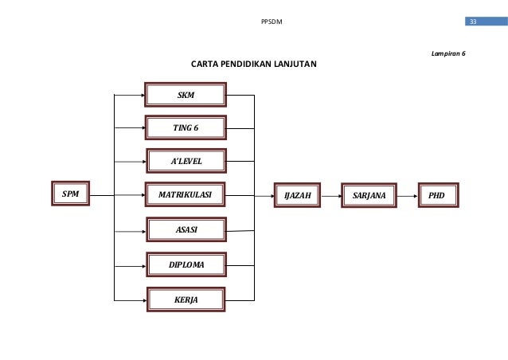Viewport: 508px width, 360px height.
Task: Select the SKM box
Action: tap(186, 95)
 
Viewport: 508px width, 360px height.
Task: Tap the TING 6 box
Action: tap(186, 127)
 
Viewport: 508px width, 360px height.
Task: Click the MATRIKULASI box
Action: tap(186, 194)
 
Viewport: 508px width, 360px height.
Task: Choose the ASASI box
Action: tap(186, 230)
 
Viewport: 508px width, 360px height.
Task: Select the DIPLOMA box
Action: tap(186, 264)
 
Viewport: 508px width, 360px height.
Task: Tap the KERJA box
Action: tap(186, 299)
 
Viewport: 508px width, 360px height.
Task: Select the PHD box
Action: tap(436, 194)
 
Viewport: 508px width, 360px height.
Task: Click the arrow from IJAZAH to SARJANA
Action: tap(330, 194)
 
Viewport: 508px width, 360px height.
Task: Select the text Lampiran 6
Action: tap(447, 53)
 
